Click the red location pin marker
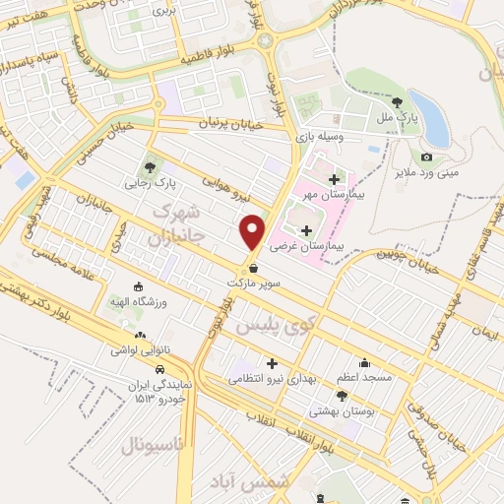tap(253, 230)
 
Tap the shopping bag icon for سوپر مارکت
tap(255, 266)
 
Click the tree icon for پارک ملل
tap(397, 100)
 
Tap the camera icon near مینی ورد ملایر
tap(426, 157)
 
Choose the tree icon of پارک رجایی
tap(150, 166)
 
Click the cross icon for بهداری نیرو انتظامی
tap(271, 364)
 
